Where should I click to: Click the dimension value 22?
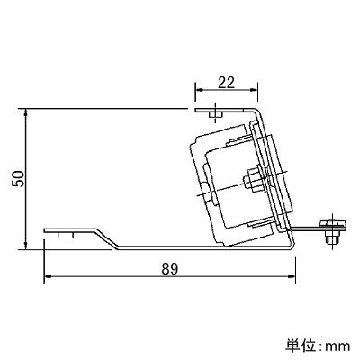(x=226, y=83)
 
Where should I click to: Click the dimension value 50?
(x=18, y=179)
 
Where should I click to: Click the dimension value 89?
(x=170, y=269)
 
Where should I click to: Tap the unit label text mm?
(x=337, y=346)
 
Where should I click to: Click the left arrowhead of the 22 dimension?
(x=199, y=90)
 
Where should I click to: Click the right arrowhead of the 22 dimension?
(x=254, y=90)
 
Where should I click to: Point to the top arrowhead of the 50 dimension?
(x=26, y=112)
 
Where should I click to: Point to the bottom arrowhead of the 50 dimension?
(x=26, y=245)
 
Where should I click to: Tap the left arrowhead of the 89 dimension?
(x=49, y=276)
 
